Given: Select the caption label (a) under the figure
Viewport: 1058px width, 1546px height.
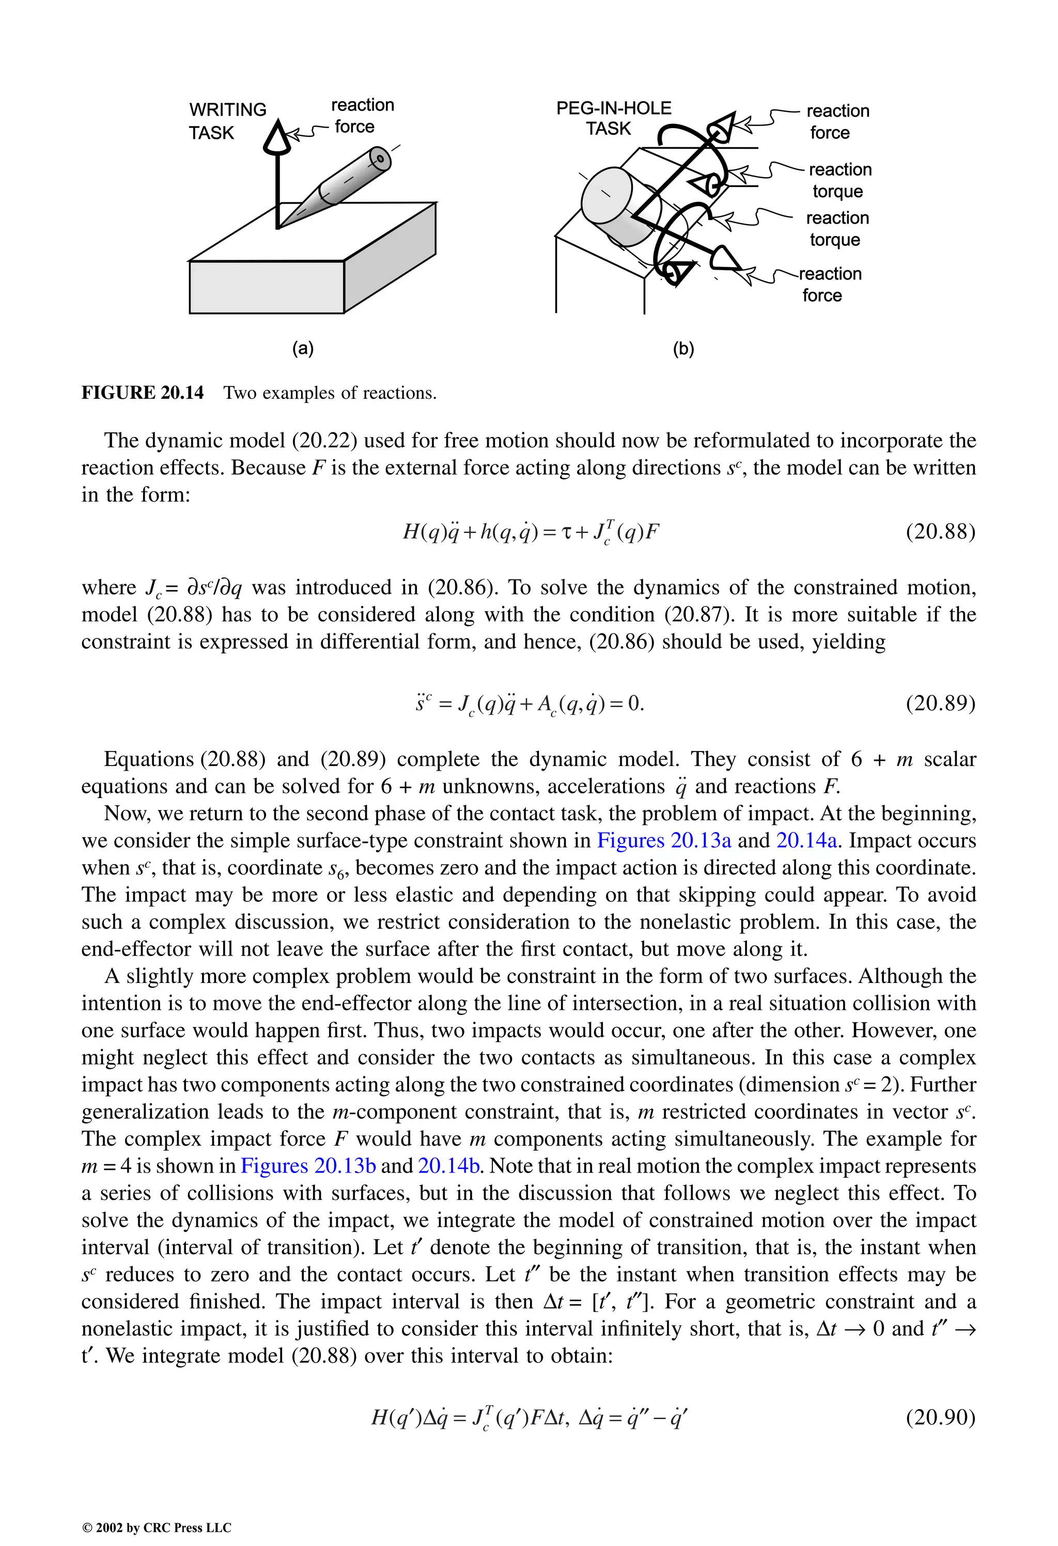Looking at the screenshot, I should coord(303,349).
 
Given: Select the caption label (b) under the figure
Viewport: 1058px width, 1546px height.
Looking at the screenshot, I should coord(683,349).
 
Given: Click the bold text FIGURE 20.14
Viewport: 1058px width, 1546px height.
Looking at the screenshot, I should coord(143,393).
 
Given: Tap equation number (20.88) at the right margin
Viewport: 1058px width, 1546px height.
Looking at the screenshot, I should coord(940,532).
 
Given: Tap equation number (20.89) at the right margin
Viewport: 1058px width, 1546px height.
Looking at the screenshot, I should coord(940,703).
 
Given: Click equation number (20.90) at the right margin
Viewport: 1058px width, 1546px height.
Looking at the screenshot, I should coord(940,1417).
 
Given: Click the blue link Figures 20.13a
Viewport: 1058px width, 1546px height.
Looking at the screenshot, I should coord(663,840).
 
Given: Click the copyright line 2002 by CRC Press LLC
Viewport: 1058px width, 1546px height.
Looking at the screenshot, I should coord(157,1527).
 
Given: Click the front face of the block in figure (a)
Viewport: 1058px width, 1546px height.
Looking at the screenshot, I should coord(266,287).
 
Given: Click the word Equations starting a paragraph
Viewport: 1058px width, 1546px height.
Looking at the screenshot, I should coord(148,759).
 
